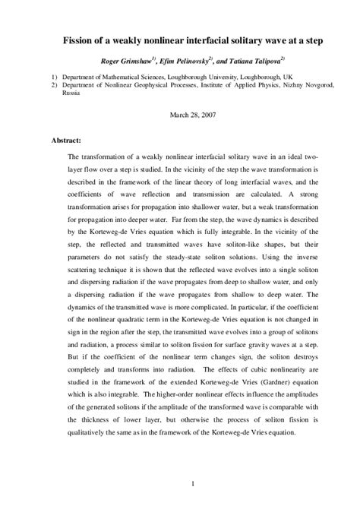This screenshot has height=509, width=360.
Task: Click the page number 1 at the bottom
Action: [x=194, y=483]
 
